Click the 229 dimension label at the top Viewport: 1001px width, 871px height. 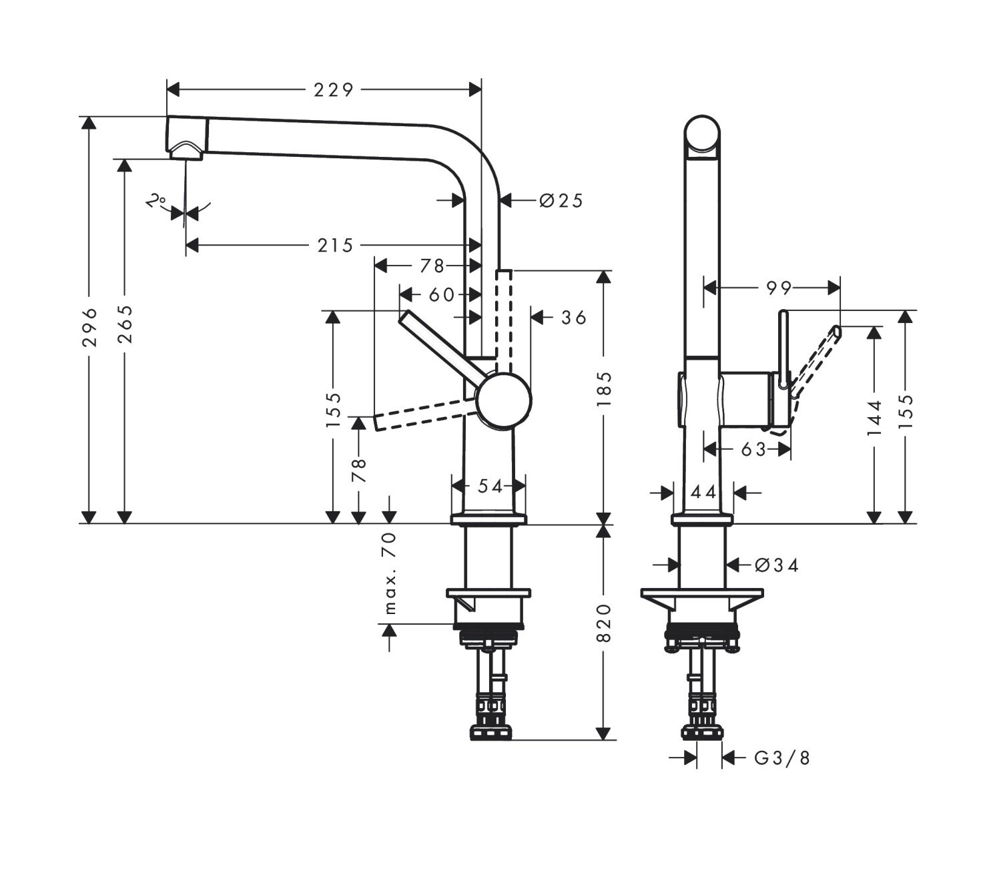click(333, 90)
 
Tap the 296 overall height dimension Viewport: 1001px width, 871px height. click(89, 327)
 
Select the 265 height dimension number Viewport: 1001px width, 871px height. click(125, 324)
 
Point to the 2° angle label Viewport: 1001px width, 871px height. click(156, 201)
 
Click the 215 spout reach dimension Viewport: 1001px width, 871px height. click(335, 245)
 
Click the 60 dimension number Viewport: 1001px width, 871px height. click(442, 294)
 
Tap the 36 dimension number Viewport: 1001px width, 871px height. click(573, 318)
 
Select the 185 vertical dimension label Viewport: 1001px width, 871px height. click(605, 390)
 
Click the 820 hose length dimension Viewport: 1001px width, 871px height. click(605, 623)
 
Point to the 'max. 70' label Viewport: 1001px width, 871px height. click(390, 573)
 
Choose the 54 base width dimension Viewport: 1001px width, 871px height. click(490, 486)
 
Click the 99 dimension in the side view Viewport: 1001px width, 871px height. click(779, 288)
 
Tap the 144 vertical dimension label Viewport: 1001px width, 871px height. click(874, 417)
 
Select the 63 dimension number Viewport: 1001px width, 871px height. click(753, 449)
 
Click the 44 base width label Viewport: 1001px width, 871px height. click(703, 493)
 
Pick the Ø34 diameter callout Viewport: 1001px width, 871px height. click(777, 566)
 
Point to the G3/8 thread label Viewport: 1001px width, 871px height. click(782, 758)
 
